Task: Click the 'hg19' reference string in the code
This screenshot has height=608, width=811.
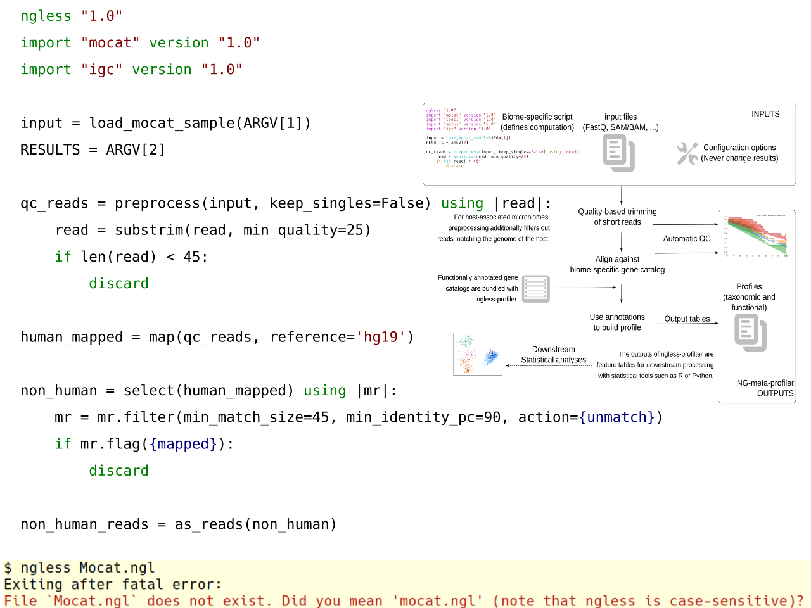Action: point(380,337)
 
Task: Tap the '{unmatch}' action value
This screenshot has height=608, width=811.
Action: point(616,417)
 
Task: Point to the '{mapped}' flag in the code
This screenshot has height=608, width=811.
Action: point(183,444)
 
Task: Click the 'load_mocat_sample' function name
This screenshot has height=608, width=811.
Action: point(162,123)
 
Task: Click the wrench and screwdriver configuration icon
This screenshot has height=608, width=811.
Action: point(687,153)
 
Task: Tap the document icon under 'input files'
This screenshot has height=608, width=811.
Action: point(618,153)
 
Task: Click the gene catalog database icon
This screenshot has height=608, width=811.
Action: point(536,289)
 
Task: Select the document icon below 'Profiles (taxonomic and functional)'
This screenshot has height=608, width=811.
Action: point(750,332)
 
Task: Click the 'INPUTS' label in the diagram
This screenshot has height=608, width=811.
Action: point(765,114)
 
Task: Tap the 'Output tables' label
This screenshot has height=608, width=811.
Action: point(687,319)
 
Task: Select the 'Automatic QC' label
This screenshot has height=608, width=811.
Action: point(687,239)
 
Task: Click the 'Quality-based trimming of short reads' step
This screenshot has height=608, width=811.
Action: point(617,217)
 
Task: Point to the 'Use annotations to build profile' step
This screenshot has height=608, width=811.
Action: point(617,322)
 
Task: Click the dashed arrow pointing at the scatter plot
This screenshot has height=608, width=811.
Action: point(549,365)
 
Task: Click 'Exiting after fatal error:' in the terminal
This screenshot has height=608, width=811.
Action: point(113,584)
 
